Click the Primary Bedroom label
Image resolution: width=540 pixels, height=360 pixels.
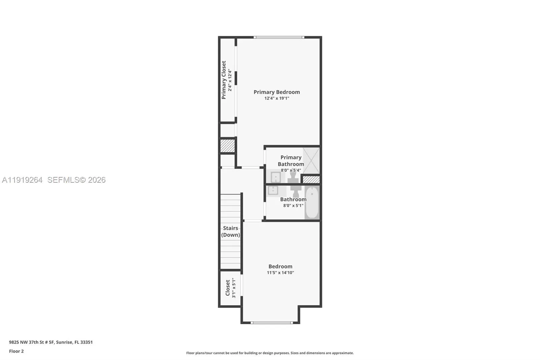[x=277, y=92]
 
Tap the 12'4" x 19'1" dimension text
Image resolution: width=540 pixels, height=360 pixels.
[x=277, y=98]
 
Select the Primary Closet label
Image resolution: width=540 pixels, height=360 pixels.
[x=224, y=80]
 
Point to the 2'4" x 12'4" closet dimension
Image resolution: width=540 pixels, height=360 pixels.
[x=230, y=80]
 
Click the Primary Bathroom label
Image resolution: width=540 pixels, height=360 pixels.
[x=291, y=161]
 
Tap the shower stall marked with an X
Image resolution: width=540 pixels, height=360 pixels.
[x=311, y=161]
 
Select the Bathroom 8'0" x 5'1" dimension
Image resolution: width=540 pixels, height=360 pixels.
[x=293, y=206]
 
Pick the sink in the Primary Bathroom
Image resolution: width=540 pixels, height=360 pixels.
[x=275, y=177]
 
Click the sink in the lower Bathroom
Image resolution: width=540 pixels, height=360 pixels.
[x=273, y=190]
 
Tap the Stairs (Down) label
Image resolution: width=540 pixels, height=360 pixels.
[x=231, y=231]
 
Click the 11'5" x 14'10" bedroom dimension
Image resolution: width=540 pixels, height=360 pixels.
[x=280, y=273]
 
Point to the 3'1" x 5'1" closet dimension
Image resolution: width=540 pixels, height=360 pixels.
[x=233, y=288]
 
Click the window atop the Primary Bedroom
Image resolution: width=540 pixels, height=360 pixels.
[x=279, y=37]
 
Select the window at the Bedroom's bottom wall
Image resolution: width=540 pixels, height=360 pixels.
[x=272, y=323]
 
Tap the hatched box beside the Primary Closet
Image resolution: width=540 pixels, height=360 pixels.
[x=227, y=146]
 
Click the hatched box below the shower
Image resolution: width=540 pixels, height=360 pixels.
[x=311, y=180]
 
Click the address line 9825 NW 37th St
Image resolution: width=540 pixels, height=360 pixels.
[x=51, y=342]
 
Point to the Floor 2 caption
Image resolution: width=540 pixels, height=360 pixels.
[x=17, y=351]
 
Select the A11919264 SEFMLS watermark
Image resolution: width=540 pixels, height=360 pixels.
[x=54, y=180]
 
